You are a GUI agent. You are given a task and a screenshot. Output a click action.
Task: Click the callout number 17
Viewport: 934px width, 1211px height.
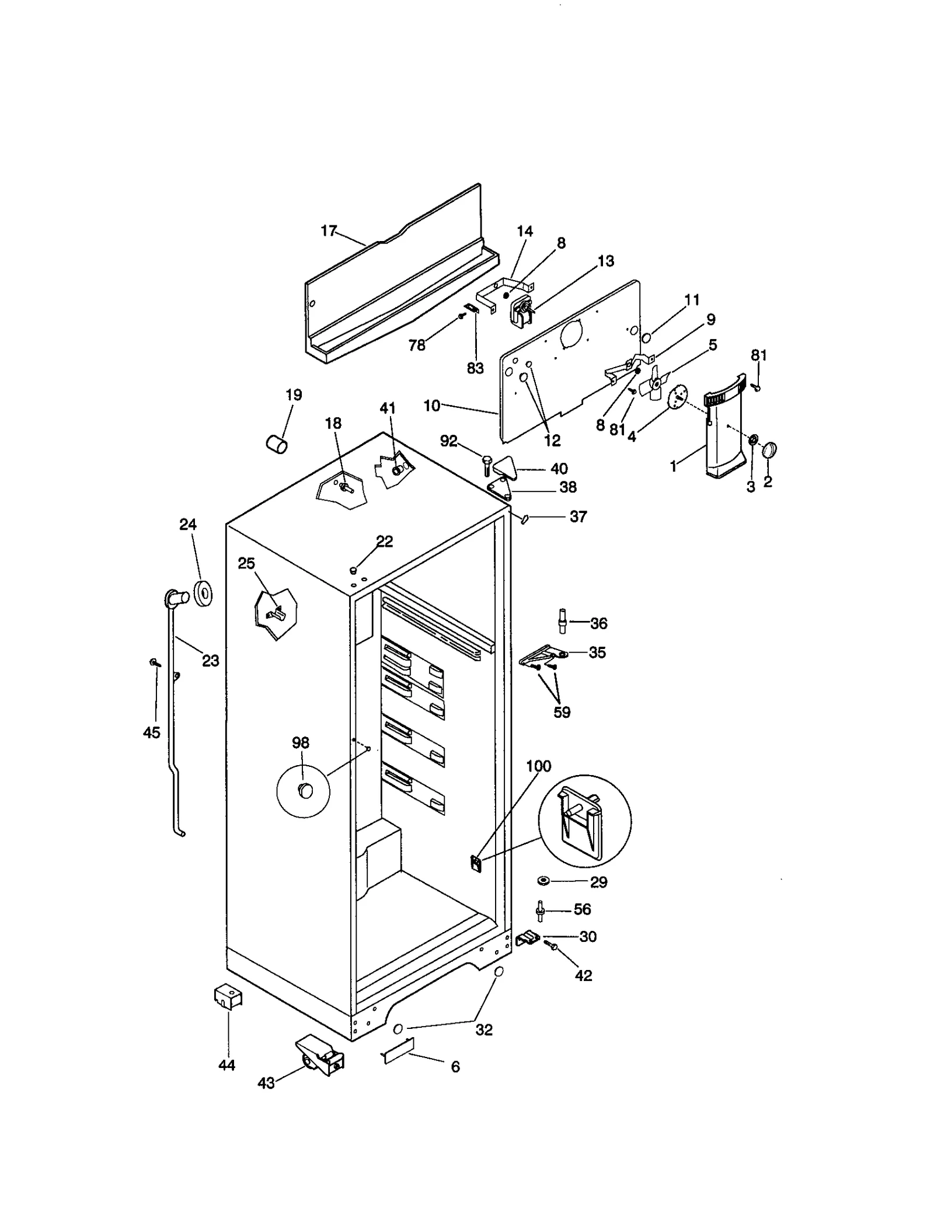(x=329, y=231)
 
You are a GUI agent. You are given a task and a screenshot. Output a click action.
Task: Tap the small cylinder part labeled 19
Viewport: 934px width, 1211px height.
(x=277, y=444)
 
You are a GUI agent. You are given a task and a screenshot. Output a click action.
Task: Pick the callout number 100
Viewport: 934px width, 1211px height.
(x=538, y=766)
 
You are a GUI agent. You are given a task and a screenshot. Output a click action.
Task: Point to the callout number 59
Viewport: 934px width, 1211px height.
(x=562, y=712)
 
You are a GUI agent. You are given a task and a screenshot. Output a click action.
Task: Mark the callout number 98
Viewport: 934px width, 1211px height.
(x=301, y=742)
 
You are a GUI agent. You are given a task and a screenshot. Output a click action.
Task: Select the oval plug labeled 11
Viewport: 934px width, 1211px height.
(x=647, y=338)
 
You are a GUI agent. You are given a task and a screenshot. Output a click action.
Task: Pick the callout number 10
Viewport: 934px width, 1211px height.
(x=431, y=405)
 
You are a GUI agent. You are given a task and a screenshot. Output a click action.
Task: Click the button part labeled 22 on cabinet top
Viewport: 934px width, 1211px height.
(x=353, y=570)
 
